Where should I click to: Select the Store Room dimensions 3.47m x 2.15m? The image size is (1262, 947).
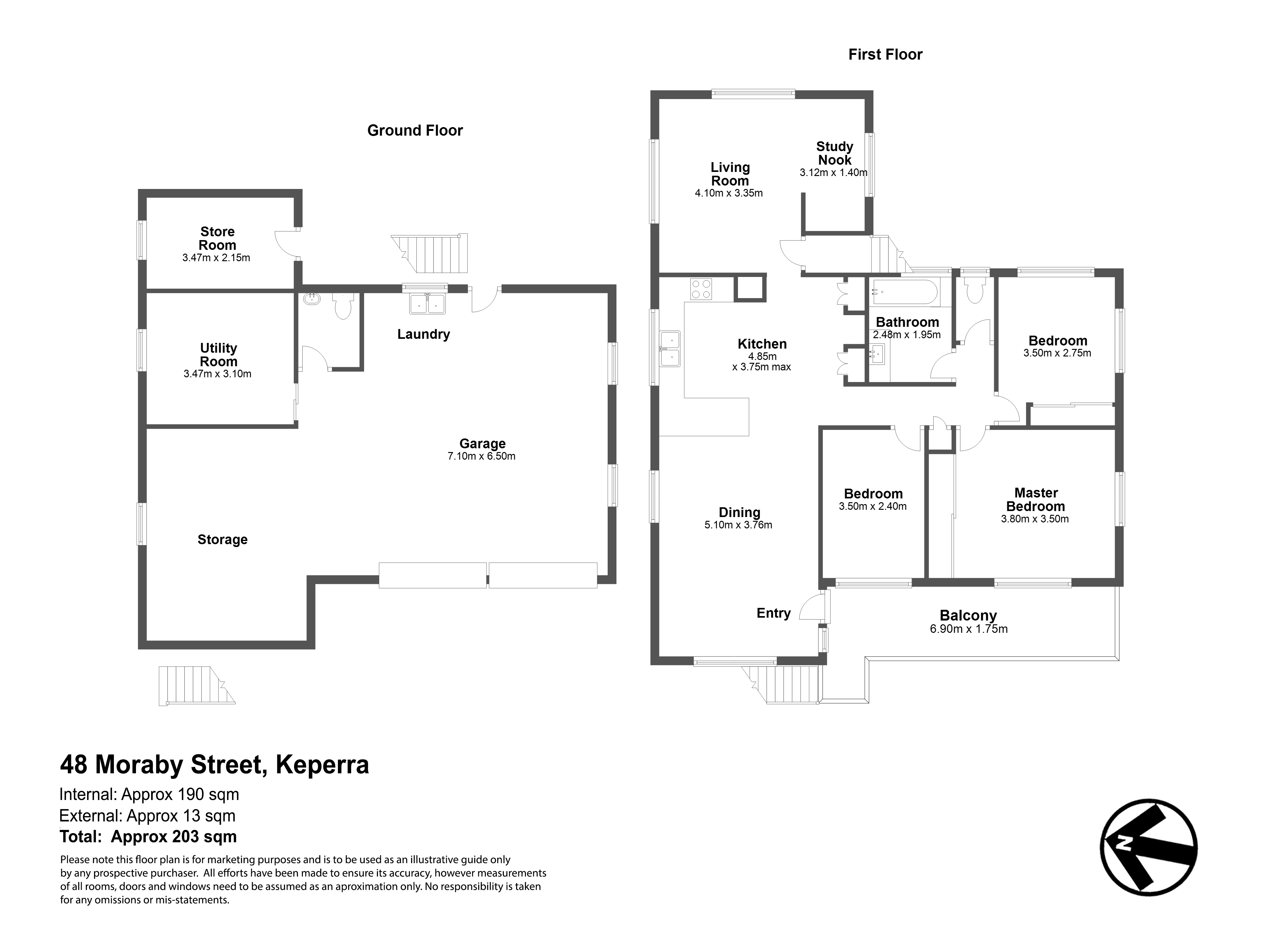click(x=216, y=258)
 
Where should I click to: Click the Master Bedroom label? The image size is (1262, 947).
click(x=1035, y=500)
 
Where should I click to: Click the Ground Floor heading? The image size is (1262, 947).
click(x=415, y=131)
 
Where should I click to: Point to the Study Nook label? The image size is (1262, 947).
click(x=835, y=153)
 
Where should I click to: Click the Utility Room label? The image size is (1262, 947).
click(x=219, y=355)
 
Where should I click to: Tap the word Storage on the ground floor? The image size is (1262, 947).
click(x=222, y=540)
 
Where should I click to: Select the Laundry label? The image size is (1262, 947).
click(x=423, y=334)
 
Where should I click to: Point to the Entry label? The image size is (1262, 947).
click(x=774, y=613)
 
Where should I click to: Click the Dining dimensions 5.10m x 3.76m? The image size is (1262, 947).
click(x=738, y=525)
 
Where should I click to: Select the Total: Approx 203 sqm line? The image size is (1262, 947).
click(x=148, y=837)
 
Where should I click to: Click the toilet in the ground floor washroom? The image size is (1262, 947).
click(x=343, y=306)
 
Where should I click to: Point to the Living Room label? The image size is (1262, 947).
click(x=730, y=174)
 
